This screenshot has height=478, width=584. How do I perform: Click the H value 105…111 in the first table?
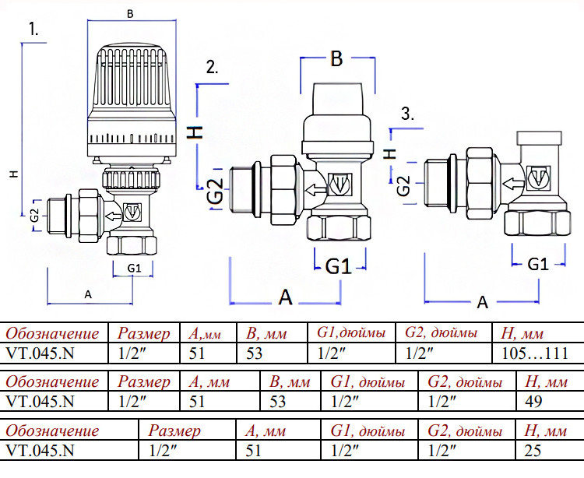(535, 353)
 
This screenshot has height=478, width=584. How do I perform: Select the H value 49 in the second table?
(533, 401)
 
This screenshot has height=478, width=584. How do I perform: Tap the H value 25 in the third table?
(533, 451)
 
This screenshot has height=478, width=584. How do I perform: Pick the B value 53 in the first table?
(254, 353)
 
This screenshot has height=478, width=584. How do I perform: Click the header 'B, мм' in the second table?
(290, 382)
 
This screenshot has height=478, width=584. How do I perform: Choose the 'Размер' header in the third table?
(174, 431)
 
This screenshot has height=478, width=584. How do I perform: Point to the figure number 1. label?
(34, 29)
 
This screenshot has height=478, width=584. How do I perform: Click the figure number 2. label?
(213, 68)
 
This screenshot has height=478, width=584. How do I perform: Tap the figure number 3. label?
(408, 114)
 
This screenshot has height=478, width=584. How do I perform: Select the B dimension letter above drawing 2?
(336, 58)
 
